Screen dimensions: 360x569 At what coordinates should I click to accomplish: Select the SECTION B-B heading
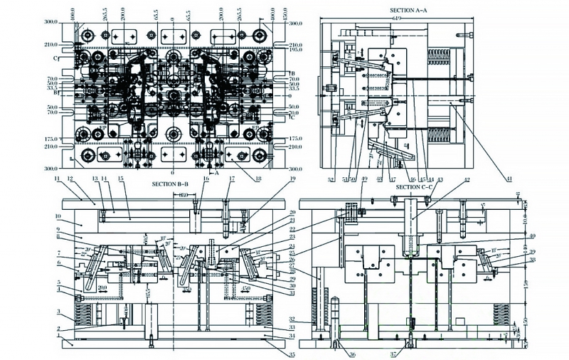(170, 184)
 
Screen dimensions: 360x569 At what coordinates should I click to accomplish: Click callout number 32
(312, 318)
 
